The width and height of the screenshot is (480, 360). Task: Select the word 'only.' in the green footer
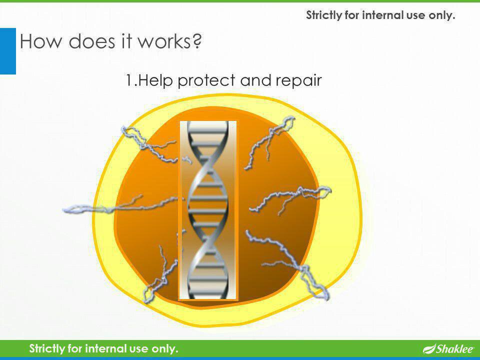pos(165,348)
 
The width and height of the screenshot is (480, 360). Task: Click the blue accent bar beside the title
pos(7,50)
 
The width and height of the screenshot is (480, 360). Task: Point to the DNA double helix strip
pos(207,210)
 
